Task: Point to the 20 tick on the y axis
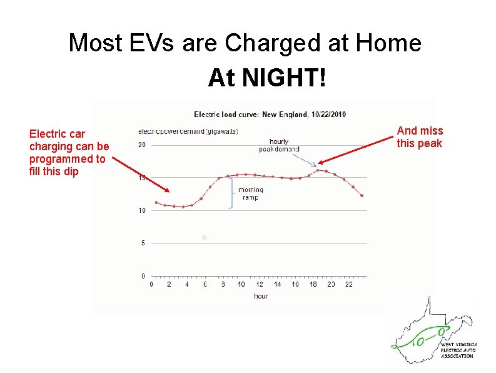coord(141,145)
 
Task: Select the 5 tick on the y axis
coord(144,243)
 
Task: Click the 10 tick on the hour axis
coord(241,285)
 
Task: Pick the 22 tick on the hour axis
coord(349,285)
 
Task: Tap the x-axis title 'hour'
coord(261,296)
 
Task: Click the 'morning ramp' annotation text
coord(250,193)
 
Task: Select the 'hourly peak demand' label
coord(279,145)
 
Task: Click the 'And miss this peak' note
coord(420,137)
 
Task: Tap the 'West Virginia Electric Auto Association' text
coord(458,350)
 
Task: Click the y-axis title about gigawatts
coord(188,131)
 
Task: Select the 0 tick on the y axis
coord(144,276)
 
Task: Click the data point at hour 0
coord(156,202)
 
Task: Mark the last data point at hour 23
coord(362,196)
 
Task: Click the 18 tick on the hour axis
coord(313,285)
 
